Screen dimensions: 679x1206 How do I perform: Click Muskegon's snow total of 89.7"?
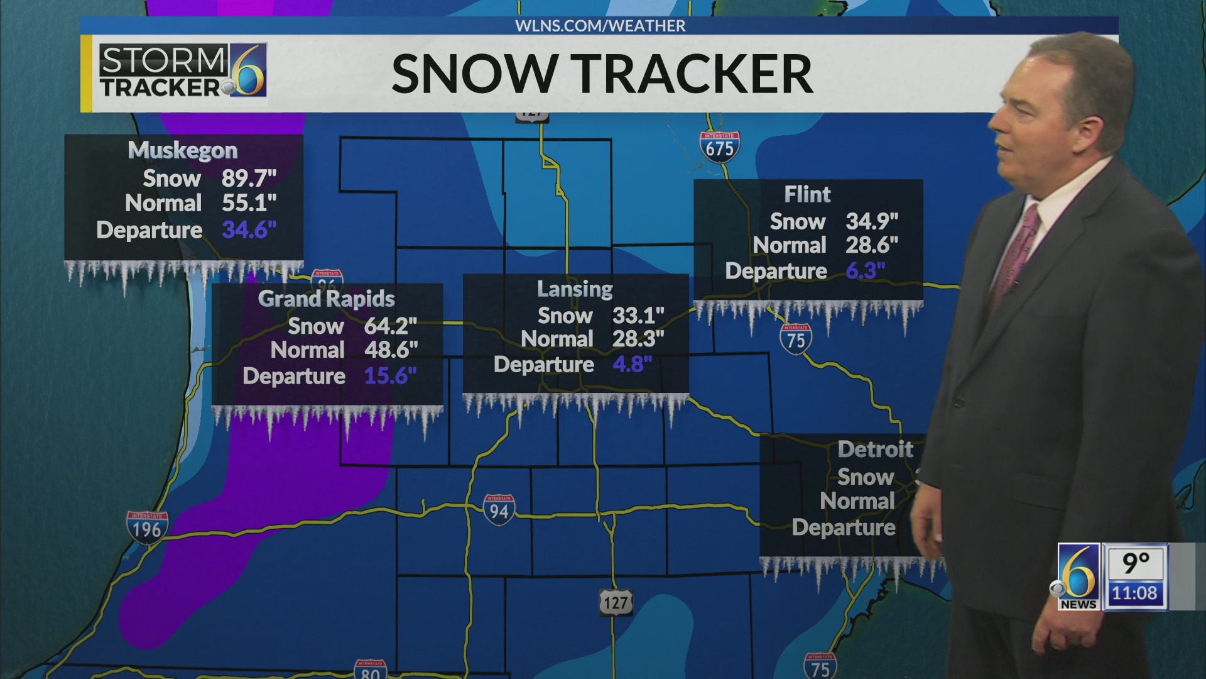coord(249,179)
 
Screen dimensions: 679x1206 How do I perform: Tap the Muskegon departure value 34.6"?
coord(249,230)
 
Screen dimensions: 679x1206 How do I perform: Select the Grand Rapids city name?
coord(326,299)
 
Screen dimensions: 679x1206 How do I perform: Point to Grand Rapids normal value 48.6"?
coord(391,350)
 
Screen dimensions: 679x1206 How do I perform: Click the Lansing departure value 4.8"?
coord(632,365)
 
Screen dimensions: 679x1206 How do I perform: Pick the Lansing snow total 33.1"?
coord(638,316)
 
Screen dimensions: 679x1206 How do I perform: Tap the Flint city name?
coord(807,195)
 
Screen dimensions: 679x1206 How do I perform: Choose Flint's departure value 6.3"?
coord(865,271)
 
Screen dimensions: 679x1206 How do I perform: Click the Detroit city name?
coord(875,450)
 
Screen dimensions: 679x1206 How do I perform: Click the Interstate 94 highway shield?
coord(499,510)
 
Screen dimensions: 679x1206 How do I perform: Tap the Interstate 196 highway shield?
coord(147,527)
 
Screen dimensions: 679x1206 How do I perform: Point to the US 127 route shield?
coord(616,603)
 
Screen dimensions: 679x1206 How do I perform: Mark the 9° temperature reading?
coord(1135,563)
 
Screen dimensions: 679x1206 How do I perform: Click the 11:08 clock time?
coord(1134,593)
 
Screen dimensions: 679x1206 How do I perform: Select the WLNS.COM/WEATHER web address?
coord(600,26)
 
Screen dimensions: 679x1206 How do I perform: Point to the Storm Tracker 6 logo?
coord(183,70)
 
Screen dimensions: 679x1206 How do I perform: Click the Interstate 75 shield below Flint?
coord(796,339)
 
